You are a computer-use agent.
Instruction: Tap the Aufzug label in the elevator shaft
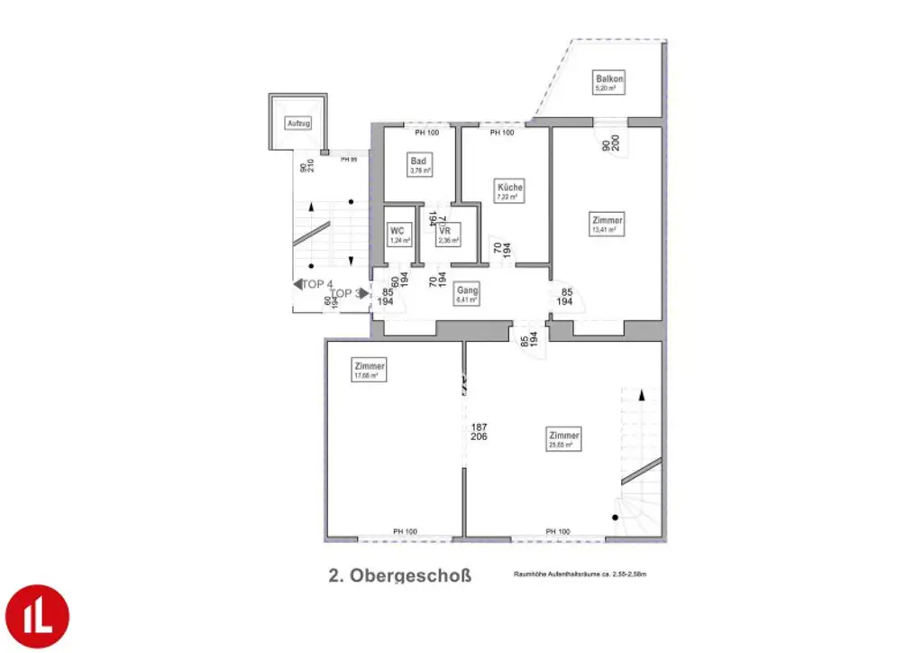[x=297, y=123]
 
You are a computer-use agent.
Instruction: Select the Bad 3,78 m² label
[x=420, y=165]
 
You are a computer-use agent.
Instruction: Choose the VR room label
[x=448, y=235]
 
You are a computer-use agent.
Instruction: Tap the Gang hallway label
[x=466, y=293]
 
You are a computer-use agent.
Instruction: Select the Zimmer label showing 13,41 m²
[x=607, y=224]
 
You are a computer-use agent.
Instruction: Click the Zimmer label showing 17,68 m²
[x=370, y=369]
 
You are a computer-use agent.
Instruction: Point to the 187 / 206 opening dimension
[x=479, y=431]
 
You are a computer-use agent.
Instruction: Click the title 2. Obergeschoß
[x=399, y=575]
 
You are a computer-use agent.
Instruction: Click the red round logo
[x=36, y=617]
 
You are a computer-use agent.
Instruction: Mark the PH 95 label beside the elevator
[x=349, y=160]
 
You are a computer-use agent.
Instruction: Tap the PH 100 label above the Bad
[x=426, y=133]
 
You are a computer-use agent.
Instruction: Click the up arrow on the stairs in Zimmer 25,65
[x=641, y=395]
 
